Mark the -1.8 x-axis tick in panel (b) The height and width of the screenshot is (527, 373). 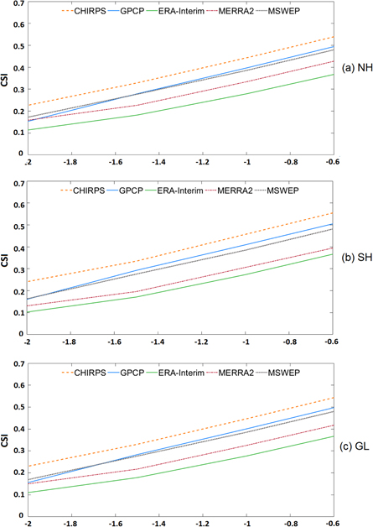tap(74, 341)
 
